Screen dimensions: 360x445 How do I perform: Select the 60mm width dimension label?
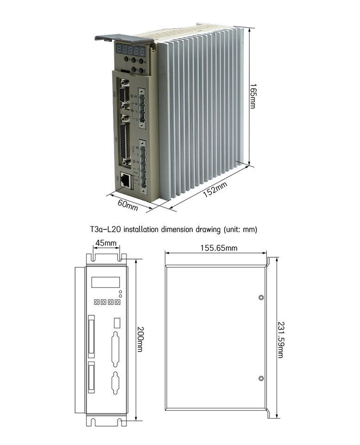[x=127, y=205]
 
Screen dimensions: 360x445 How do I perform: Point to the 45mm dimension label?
[x=106, y=243]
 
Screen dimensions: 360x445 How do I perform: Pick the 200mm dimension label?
[x=139, y=337]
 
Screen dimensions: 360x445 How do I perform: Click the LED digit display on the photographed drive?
[x=130, y=50]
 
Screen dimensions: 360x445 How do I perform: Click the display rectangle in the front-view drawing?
[x=105, y=282]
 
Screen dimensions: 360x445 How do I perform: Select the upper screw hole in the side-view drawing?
[x=261, y=298]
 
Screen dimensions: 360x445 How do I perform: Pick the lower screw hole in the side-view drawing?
[x=261, y=379]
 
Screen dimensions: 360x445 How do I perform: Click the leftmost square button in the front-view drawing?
[x=97, y=302]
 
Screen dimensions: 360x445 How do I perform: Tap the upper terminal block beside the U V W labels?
[x=142, y=108]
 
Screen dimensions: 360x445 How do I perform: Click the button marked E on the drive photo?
[x=141, y=70]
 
